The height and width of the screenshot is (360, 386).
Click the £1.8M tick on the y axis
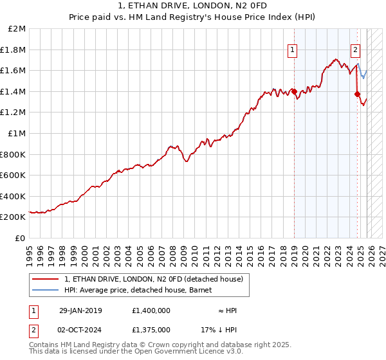pyautogui.click(x=14, y=50)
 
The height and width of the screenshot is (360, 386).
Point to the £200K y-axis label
pyautogui.click(x=14, y=217)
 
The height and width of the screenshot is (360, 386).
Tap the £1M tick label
pyautogui.click(x=17, y=133)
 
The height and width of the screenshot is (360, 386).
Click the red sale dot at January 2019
pyautogui.click(x=294, y=91)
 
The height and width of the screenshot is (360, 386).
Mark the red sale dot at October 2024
pyautogui.click(x=357, y=94)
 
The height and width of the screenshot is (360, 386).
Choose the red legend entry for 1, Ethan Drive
pyautogui.click(x=153, y=279)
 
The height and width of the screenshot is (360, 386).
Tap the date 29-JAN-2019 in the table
pyautogui.click(x=80, y=310)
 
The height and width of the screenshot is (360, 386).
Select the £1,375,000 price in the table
pyautogui.click(x=151, y=329)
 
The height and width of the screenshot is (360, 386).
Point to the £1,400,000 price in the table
pyautogui.click(x=151, y=310)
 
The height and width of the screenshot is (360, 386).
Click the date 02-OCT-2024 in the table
pyautogui.click(x=80, y=329)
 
